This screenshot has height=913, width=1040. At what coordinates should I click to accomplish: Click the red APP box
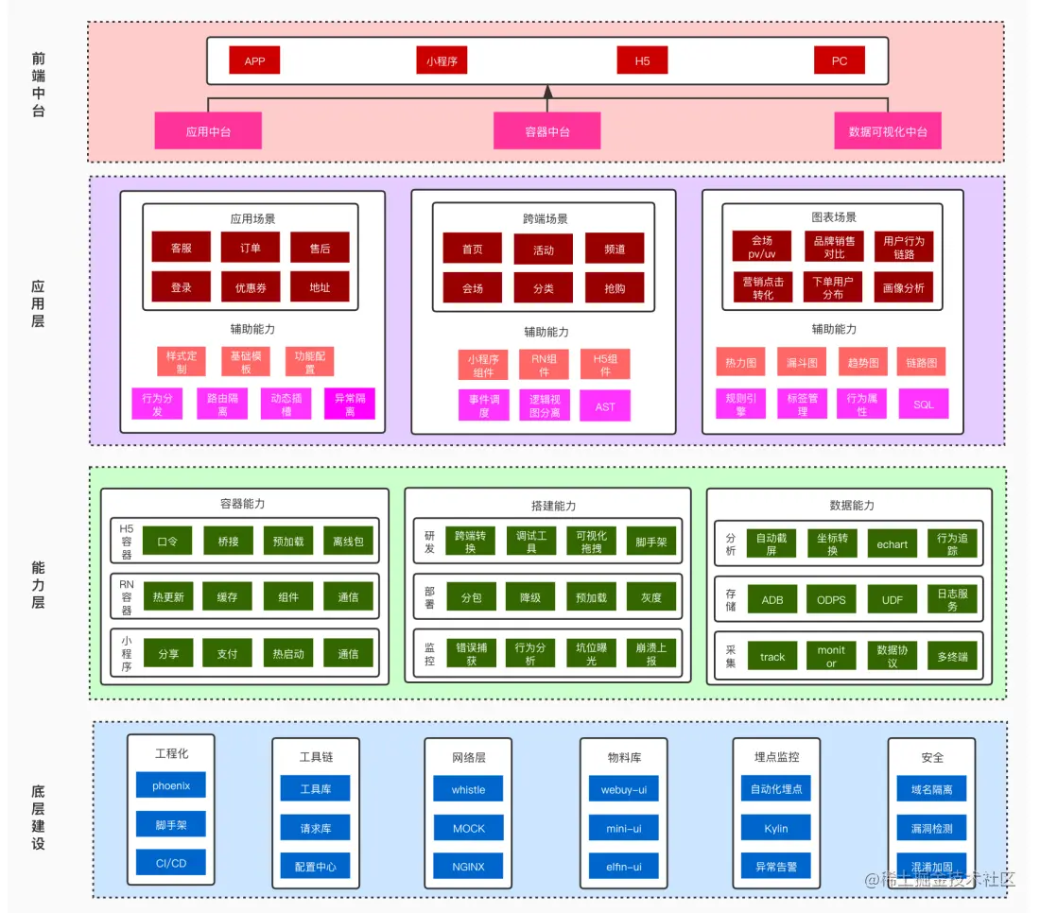coord(254,60)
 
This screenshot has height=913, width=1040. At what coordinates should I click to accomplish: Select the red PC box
coord(839,60)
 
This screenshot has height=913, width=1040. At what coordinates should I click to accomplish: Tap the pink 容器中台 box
coord(546,131)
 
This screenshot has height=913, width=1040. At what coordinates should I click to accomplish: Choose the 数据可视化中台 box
coord(887,131)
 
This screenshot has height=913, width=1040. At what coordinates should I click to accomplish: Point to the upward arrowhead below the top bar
coord(546,92)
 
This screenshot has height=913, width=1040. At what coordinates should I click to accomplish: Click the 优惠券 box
coord(251,287)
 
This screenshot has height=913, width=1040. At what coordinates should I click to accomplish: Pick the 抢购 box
coord(615,287)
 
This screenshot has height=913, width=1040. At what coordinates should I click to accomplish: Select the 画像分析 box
coord(903,287)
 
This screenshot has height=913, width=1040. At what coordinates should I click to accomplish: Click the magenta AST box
coord(604,406)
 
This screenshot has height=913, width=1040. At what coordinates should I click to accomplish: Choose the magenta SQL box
coord(923,405)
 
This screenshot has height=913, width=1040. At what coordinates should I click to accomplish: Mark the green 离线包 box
coord(348,542)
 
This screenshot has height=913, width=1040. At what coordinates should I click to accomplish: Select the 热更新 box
coord(167,596)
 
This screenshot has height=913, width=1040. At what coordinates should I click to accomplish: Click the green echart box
coord(892,543)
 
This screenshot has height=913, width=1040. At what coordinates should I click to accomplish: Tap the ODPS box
coord(831,599)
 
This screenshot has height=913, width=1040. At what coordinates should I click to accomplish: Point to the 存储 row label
coord(731,599)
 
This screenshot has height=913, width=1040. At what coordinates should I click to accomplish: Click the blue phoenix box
coord(171,785)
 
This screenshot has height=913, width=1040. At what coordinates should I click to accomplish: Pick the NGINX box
coord(468,866)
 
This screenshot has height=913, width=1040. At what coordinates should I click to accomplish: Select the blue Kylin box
coord(775,828)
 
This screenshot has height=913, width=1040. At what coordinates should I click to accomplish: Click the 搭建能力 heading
coord(546,506)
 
